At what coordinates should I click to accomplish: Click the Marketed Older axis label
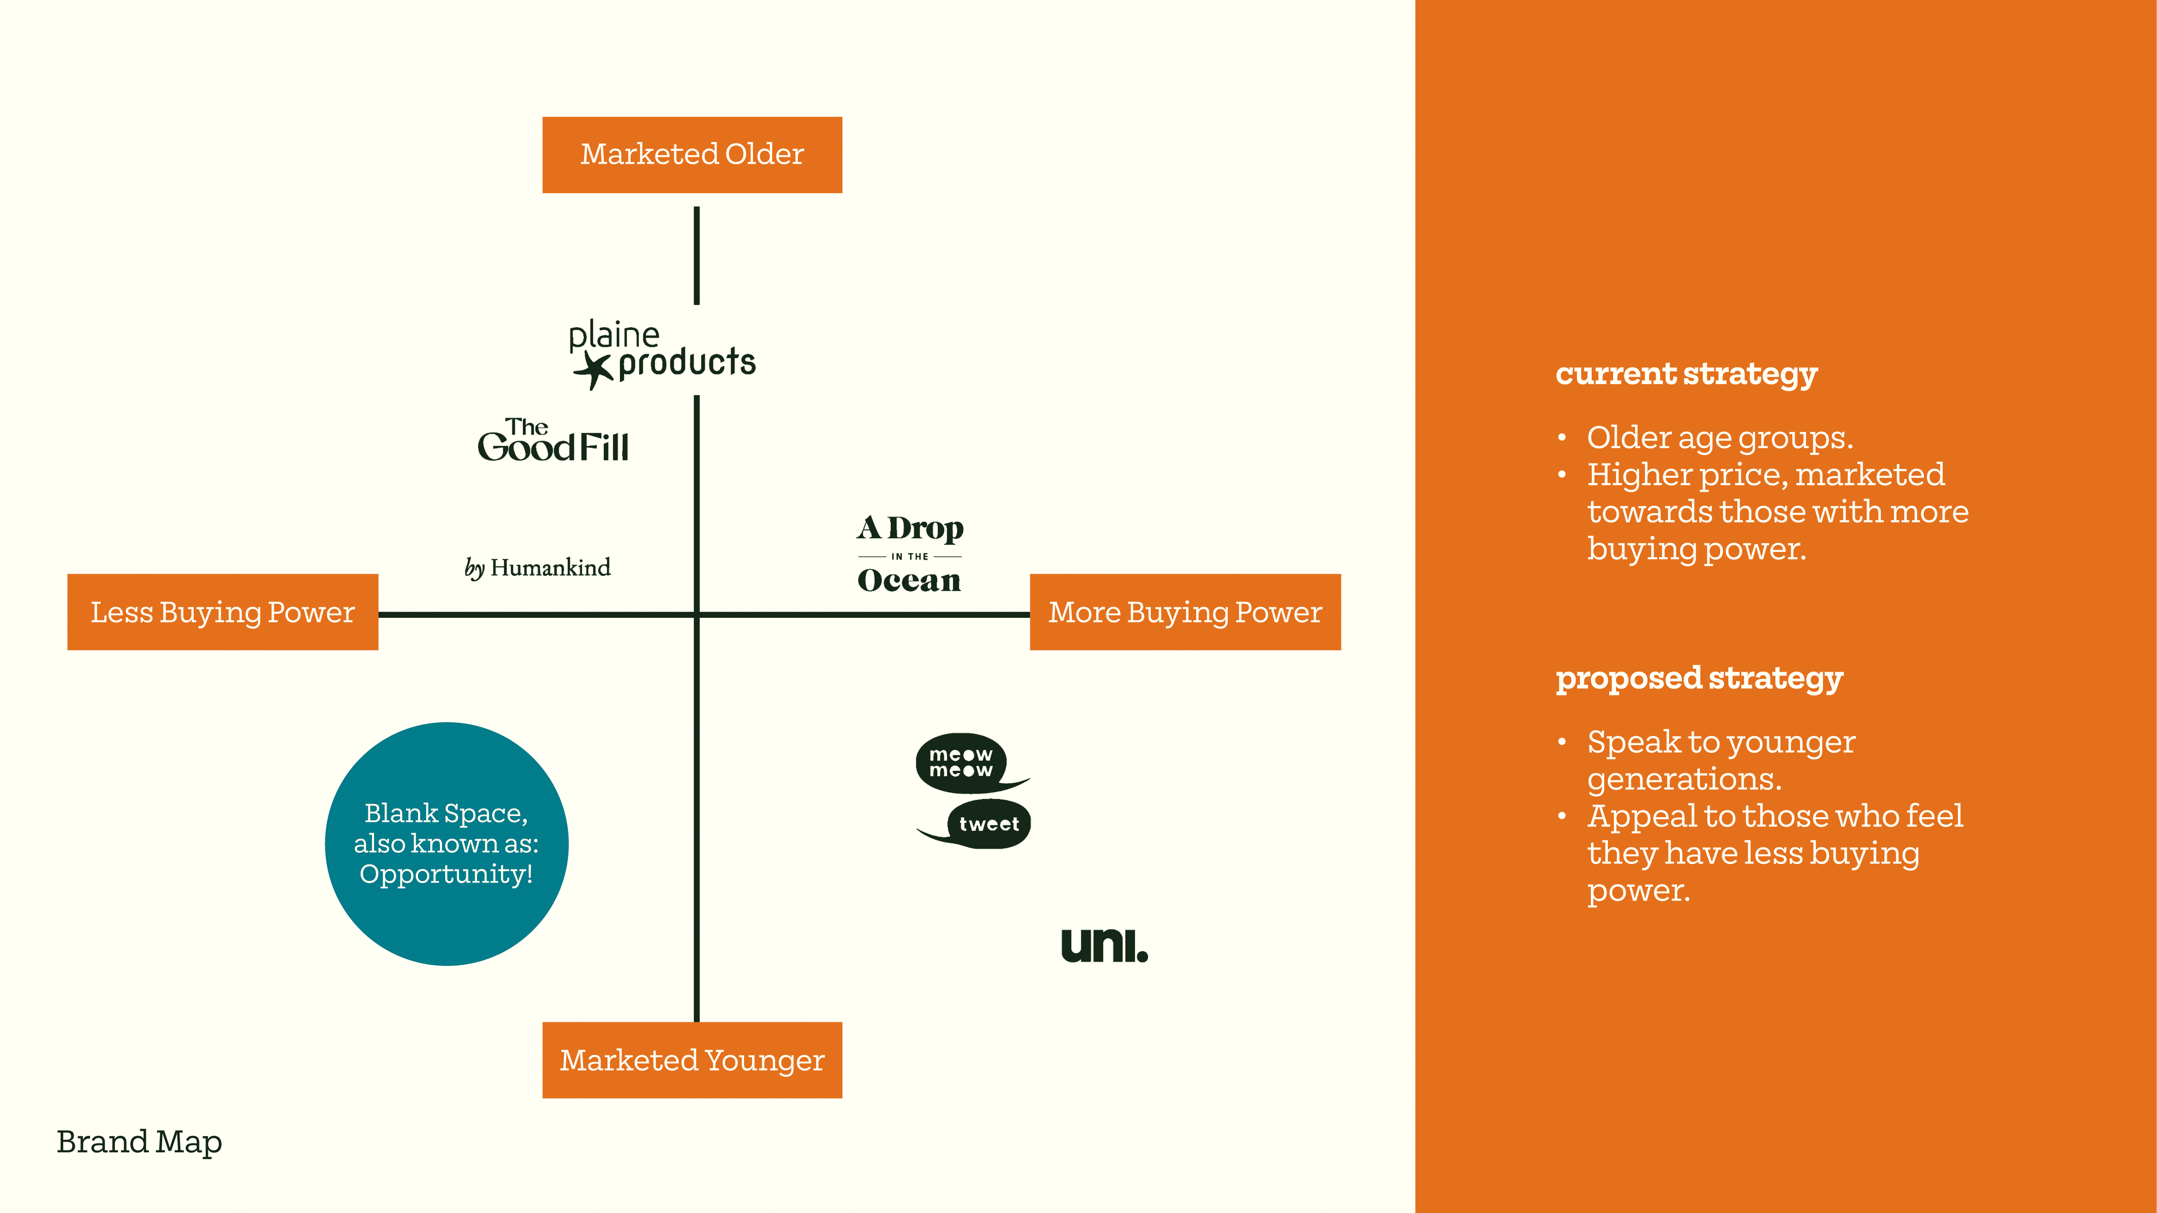pyautogui.click(x=692, y=155)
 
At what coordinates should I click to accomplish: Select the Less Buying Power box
pyautogui.click(x=223, y=612)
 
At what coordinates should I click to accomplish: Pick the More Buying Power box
pyautogui.click(x=1185, y=612)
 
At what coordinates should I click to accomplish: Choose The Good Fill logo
pyautogui.click(x=553, y=441)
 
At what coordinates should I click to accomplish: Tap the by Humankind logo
pyautogui.click(x=537, y=568)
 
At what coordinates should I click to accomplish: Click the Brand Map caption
pyautogui.click(x=139, y=1142)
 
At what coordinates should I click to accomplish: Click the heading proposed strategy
pyautogui.click(x=1699, y=678)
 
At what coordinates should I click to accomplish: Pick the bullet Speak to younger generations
pyautogui.click(x=1721, y=760)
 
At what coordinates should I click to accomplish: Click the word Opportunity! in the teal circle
pyautogui.click(x=446, y=874)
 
